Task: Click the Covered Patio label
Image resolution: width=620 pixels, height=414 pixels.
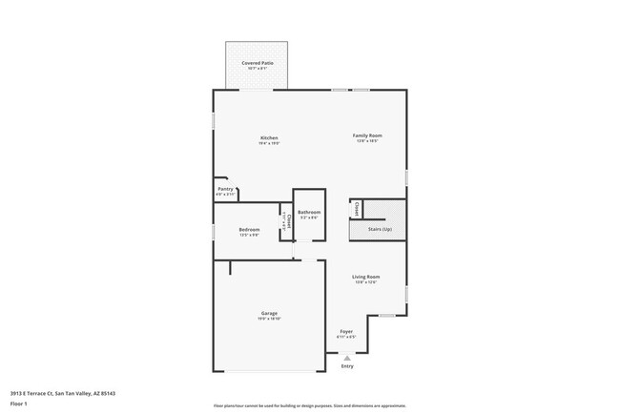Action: point(258,62)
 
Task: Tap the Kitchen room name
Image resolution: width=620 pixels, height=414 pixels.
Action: point(270,137)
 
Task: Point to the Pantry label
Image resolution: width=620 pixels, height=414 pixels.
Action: point(225,189)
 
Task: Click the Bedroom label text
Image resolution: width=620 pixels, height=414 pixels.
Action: point(249,229)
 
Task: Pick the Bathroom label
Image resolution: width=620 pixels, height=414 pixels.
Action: point(308,212)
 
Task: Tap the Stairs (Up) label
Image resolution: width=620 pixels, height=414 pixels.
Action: point(367,229)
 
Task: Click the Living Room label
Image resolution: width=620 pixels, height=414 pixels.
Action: point(367,277)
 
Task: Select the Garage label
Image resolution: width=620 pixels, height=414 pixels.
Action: point(270,313)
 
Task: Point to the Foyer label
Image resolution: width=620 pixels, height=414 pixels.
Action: point(346,331)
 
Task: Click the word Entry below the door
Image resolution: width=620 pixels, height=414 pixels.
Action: point(347,366)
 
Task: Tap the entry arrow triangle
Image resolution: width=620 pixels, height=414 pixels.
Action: point(347,358)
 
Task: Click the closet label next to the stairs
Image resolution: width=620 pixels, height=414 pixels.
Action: point(357,208)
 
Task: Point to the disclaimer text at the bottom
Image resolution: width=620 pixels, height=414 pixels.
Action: point(309,405)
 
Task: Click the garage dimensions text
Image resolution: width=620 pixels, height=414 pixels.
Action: point(270,319)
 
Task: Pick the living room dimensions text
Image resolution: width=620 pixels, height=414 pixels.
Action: point(367,282)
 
